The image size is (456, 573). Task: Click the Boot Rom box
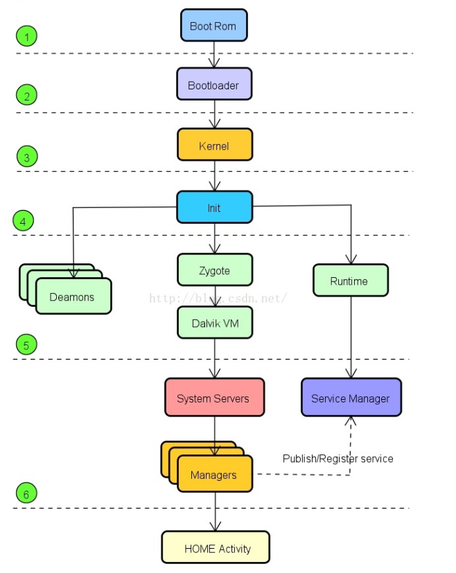click(x=213, y=26)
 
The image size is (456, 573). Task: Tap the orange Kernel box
click(x=214, y=146)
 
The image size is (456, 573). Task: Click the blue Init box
click(x=214, y=207)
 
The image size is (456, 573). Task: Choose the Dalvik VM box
click(x=214, y=322)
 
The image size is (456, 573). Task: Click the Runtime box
click(x=350, y=281)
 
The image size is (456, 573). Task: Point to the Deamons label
click(x=72, y=297)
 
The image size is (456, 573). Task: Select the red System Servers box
click(x=214, y=398)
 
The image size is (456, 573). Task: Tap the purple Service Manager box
click(x=351, y=398)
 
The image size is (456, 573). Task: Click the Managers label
click(x=213, y=475)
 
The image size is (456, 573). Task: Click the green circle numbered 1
click(x=26, y=37)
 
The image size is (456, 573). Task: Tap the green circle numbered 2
click(x=26, y=96)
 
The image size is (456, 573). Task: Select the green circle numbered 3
click(x=26, y=157)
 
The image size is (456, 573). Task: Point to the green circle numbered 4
click(x=23, y=222)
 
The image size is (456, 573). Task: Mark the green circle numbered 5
click(x=26, y=344)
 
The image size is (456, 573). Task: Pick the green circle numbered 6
click(x=26, y=494)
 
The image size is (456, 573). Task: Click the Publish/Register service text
click(x=337, y=459)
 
